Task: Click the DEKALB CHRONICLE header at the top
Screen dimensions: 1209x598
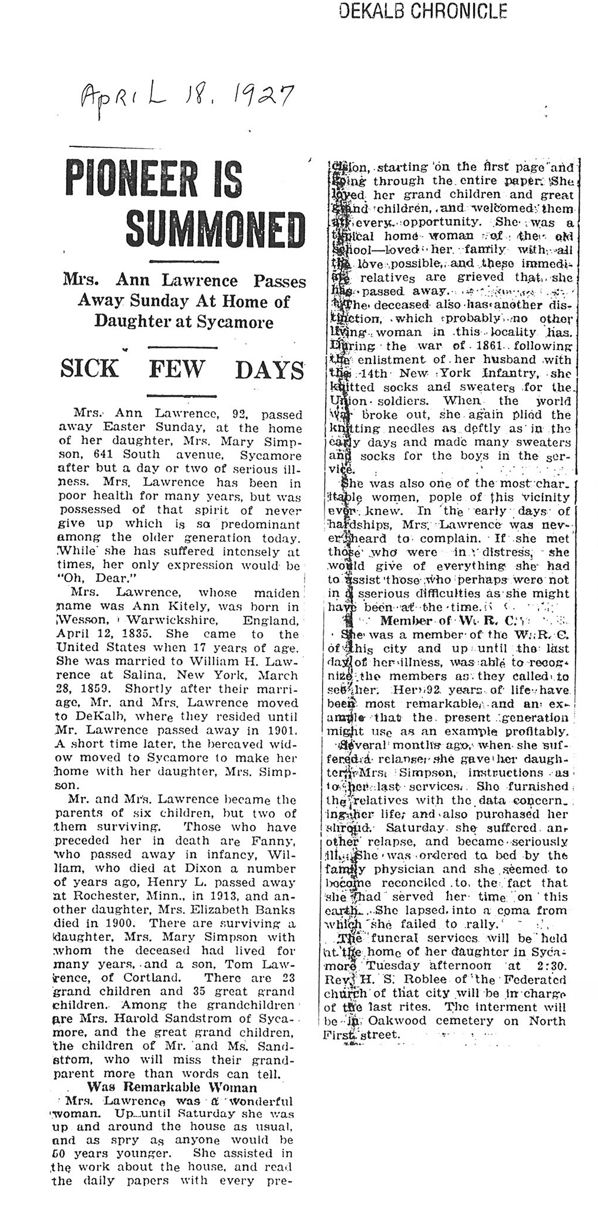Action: click(x=423, y=11)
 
